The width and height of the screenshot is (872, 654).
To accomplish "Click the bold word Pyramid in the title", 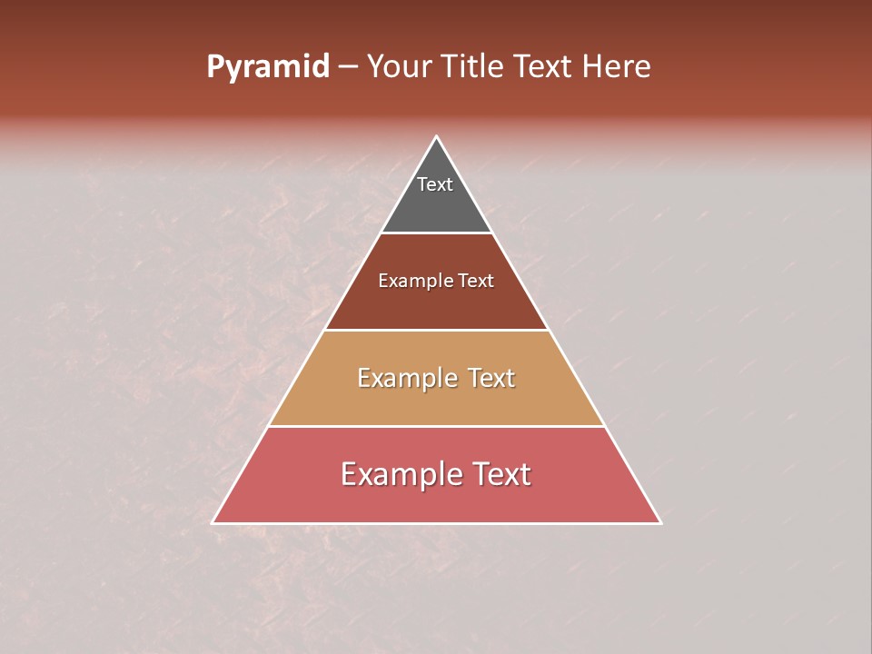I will (267, 67).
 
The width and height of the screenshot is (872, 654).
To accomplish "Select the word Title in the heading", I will (476, 67).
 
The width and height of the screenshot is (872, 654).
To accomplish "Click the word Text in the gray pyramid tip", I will (435, 184).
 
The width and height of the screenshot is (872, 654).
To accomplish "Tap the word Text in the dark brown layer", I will (476, 282).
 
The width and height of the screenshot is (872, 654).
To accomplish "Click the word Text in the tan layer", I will (490, 378).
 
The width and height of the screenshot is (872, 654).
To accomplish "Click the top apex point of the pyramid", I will (437, 137).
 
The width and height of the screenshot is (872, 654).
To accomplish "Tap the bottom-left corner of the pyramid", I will (213, 522).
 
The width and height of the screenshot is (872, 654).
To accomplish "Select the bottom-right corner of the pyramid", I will (660, 522).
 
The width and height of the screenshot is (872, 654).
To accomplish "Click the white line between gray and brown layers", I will (437, 233).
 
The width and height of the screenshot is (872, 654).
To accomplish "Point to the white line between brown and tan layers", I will (437, 330).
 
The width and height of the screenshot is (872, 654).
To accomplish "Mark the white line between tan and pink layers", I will (437, 426).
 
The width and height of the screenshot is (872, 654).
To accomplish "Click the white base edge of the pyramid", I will (437, 523).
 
